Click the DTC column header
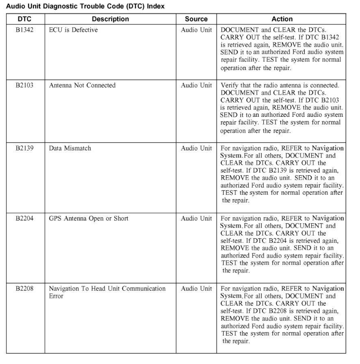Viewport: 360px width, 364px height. coord(24,19)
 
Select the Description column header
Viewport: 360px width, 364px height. coord(110,19)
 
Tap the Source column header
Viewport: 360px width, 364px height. coord(196,19)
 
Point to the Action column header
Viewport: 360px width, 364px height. coord(282,19)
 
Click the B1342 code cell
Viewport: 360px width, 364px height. coord(24,30)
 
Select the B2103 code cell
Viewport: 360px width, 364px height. coord(24,85)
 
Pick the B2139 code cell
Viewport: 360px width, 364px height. coord(24,148)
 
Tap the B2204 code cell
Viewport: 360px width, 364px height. coord(24,218)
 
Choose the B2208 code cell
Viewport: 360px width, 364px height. coord(24,289)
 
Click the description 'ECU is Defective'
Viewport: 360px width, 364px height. coord(73,30)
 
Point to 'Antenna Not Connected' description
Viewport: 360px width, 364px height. coord(82,85)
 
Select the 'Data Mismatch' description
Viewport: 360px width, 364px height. coord(70,148)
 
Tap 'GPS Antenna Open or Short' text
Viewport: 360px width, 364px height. coord(89,218)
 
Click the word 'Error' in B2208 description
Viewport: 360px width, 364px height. coord(56,296)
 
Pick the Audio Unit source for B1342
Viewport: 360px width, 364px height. coord(196,30)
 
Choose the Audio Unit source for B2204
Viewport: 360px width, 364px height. coord(196,218)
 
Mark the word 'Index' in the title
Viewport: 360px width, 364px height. coord(156,7)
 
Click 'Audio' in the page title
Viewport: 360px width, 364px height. coord(15,7)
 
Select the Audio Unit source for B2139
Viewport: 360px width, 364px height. coord(196,148)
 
